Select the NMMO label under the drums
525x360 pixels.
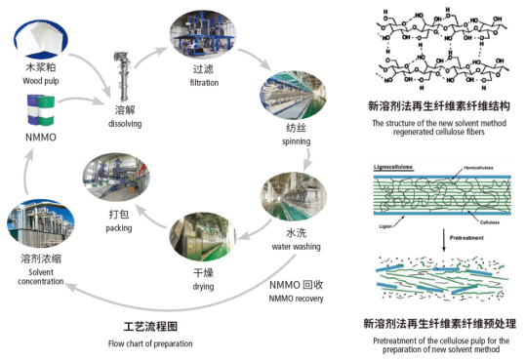[x=42, y=139]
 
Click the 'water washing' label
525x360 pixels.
[x=296, y=247]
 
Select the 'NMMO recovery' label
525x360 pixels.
[x=296, y=298]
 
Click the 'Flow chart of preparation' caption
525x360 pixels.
[x=150, y=343]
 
